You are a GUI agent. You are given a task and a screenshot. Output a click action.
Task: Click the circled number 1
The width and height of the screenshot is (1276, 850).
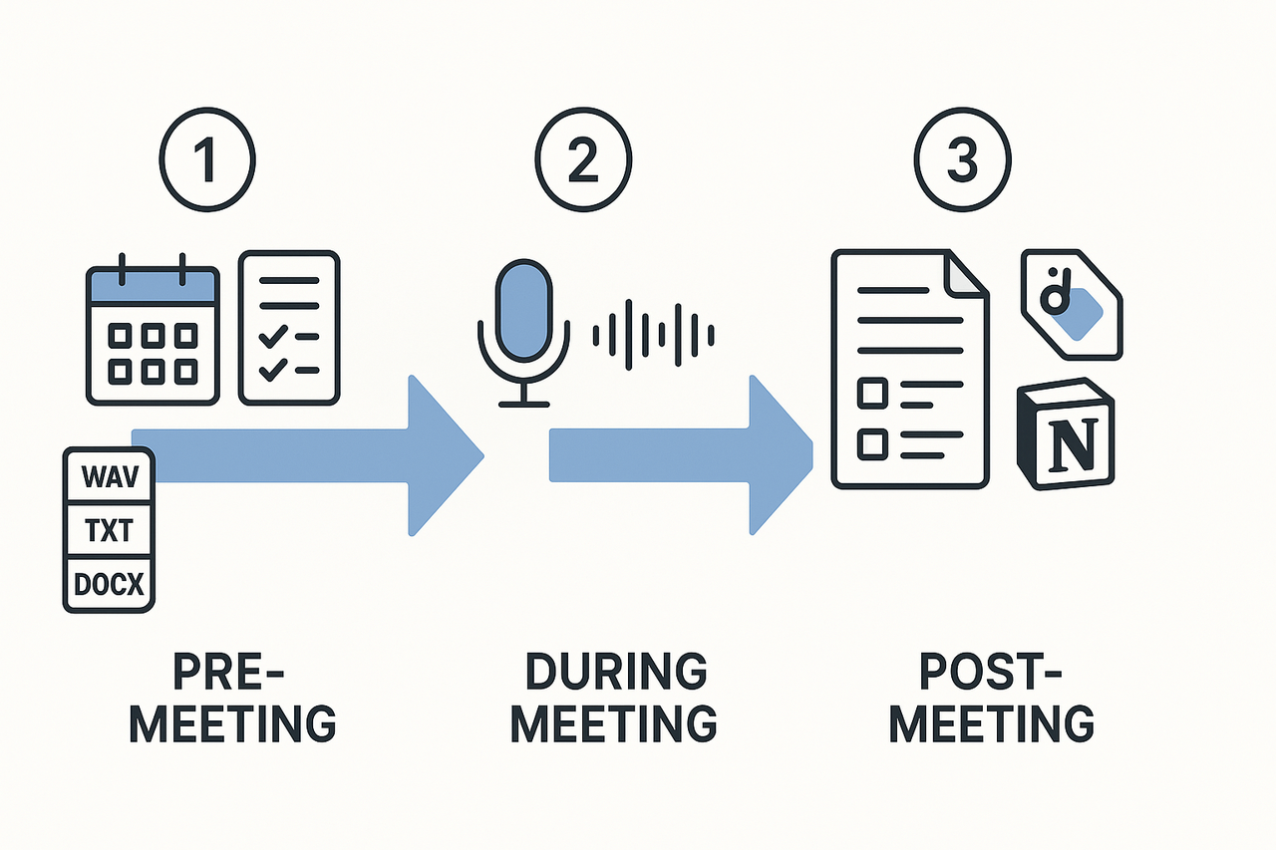tap(207, 162)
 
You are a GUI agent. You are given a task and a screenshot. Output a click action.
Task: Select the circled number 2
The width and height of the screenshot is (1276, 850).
tap(582, 162)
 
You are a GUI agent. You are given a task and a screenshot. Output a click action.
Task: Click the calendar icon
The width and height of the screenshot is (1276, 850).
tap(153, 334)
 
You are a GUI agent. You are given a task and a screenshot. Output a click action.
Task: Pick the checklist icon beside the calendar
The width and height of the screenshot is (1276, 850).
tap(289, 328)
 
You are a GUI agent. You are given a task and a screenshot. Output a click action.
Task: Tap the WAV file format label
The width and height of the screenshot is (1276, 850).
tap(109, 476)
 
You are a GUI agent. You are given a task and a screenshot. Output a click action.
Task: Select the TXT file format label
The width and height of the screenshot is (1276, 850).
tap(109, 531)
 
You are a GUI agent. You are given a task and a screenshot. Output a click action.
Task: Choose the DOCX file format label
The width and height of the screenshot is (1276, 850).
tap(109, 583)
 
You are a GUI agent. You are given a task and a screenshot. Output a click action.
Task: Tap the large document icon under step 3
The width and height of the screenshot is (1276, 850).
tap(910, 369)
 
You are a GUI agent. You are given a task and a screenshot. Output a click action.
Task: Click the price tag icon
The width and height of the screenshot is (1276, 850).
tap(1070, 304)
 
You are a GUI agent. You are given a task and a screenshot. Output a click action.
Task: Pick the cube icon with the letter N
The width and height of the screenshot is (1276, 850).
tap(1066, 438)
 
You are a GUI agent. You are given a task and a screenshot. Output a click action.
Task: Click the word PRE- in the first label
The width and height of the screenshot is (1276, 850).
tap(230, 673)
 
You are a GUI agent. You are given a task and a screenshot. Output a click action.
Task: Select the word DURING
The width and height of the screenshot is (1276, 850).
tap(616, 673)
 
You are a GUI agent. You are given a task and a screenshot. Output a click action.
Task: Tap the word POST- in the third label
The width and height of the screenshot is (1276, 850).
tap(992, 673)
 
